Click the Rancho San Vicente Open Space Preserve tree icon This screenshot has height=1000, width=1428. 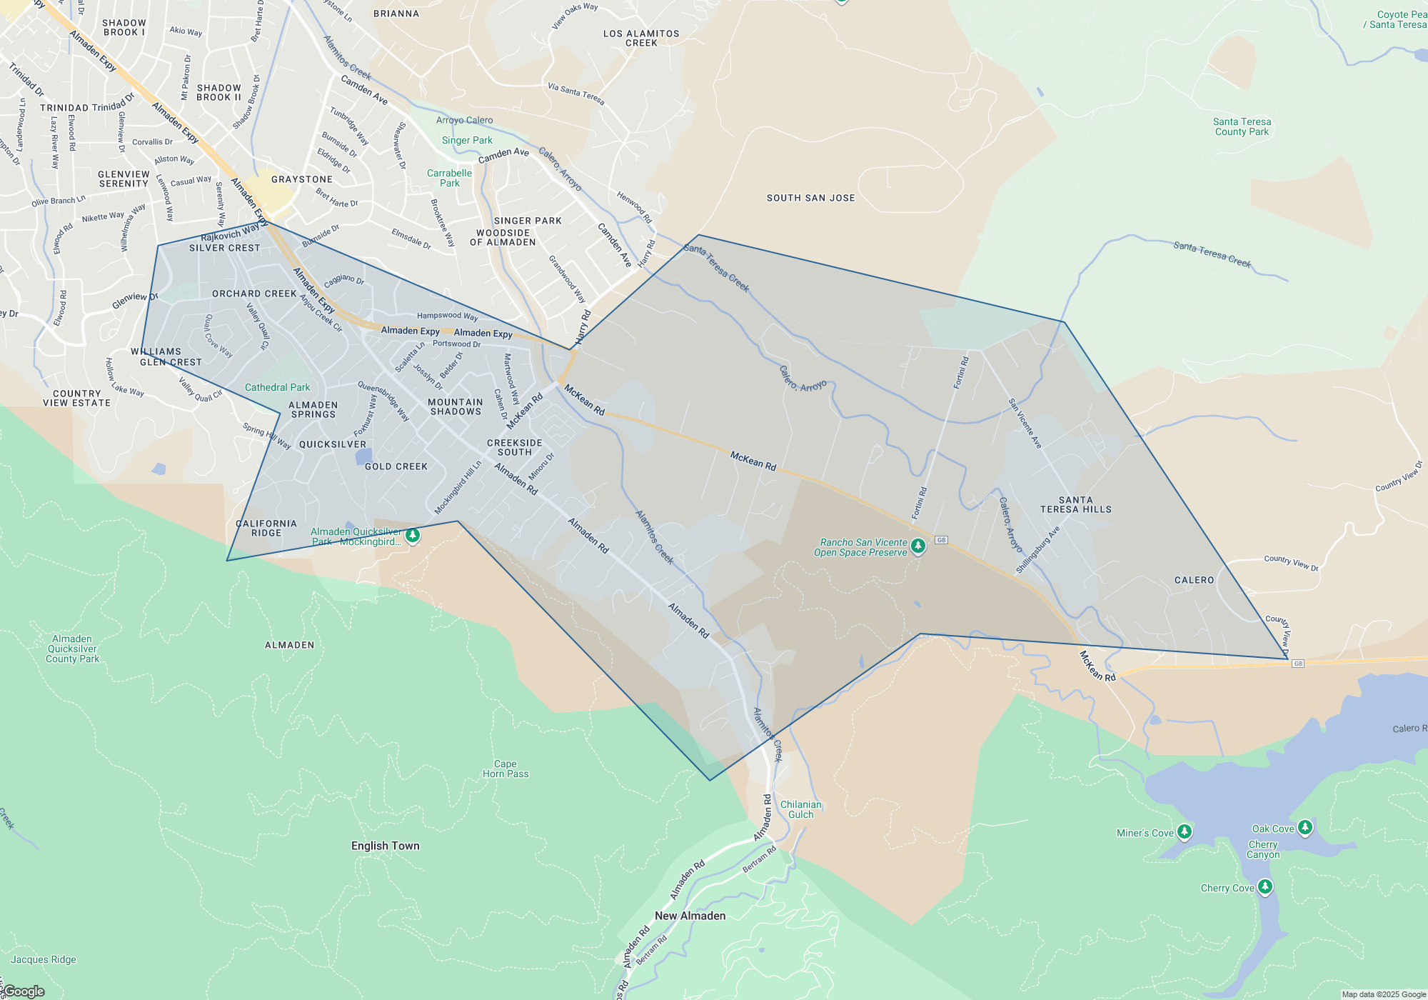coord(918,546)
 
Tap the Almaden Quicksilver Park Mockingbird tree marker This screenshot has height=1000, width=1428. coord(412,535)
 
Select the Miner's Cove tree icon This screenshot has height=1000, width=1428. coord(1184,831)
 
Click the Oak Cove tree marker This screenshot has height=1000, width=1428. coord(1304,827)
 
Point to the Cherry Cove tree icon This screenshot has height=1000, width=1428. coord(1264,886)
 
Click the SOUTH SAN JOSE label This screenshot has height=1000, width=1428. coord(810,198)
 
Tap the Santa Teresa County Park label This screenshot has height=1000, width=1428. coord(1242,126)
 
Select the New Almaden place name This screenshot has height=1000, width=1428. coord(690,916)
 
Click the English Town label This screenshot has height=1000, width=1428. coord(385,846)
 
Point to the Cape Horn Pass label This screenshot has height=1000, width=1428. coord(506,769)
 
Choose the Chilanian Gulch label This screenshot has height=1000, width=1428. coord(800,809)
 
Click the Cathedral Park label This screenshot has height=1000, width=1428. coord(277,387)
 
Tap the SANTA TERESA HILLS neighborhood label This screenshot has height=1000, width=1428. coord(1075,504)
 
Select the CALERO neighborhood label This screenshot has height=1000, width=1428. coord(1194,580)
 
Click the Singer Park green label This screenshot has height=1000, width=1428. coord(467,140)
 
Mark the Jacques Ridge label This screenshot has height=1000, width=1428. coord(43,959)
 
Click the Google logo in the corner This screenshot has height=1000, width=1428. coord(24,991)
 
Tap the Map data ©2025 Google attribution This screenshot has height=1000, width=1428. coord(1383,994)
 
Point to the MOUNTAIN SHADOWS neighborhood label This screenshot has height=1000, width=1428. coord(456,406)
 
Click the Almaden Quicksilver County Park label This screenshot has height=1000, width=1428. coord(72,649)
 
